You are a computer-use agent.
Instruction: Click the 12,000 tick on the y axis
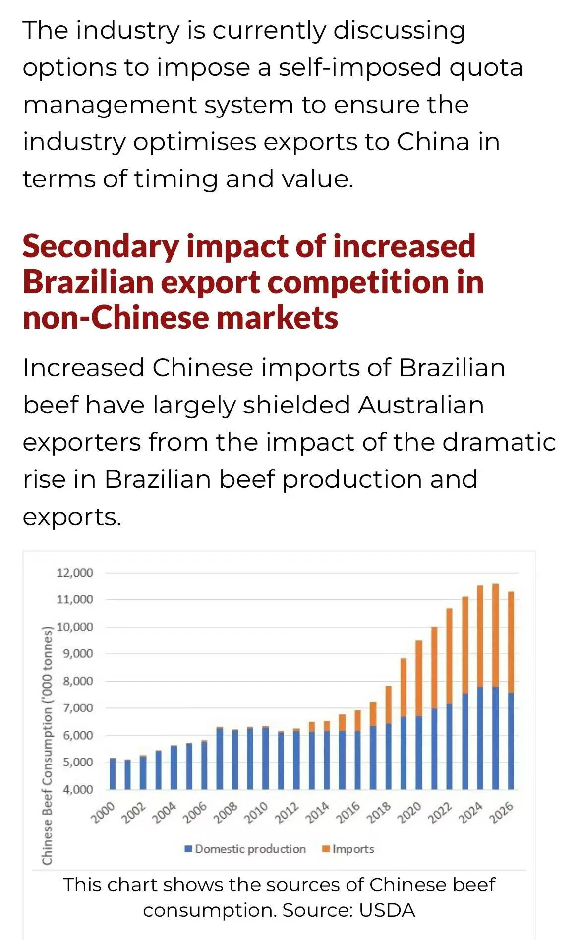75,573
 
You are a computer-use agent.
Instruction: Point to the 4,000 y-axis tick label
78,789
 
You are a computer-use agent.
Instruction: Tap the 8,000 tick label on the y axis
78,681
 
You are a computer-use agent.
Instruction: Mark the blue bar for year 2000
113,773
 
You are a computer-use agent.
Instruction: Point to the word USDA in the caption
387,910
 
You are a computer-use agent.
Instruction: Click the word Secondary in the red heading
101,246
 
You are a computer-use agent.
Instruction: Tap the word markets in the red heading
278,318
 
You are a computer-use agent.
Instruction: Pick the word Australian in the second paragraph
420,405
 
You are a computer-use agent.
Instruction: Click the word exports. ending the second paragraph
72,517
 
